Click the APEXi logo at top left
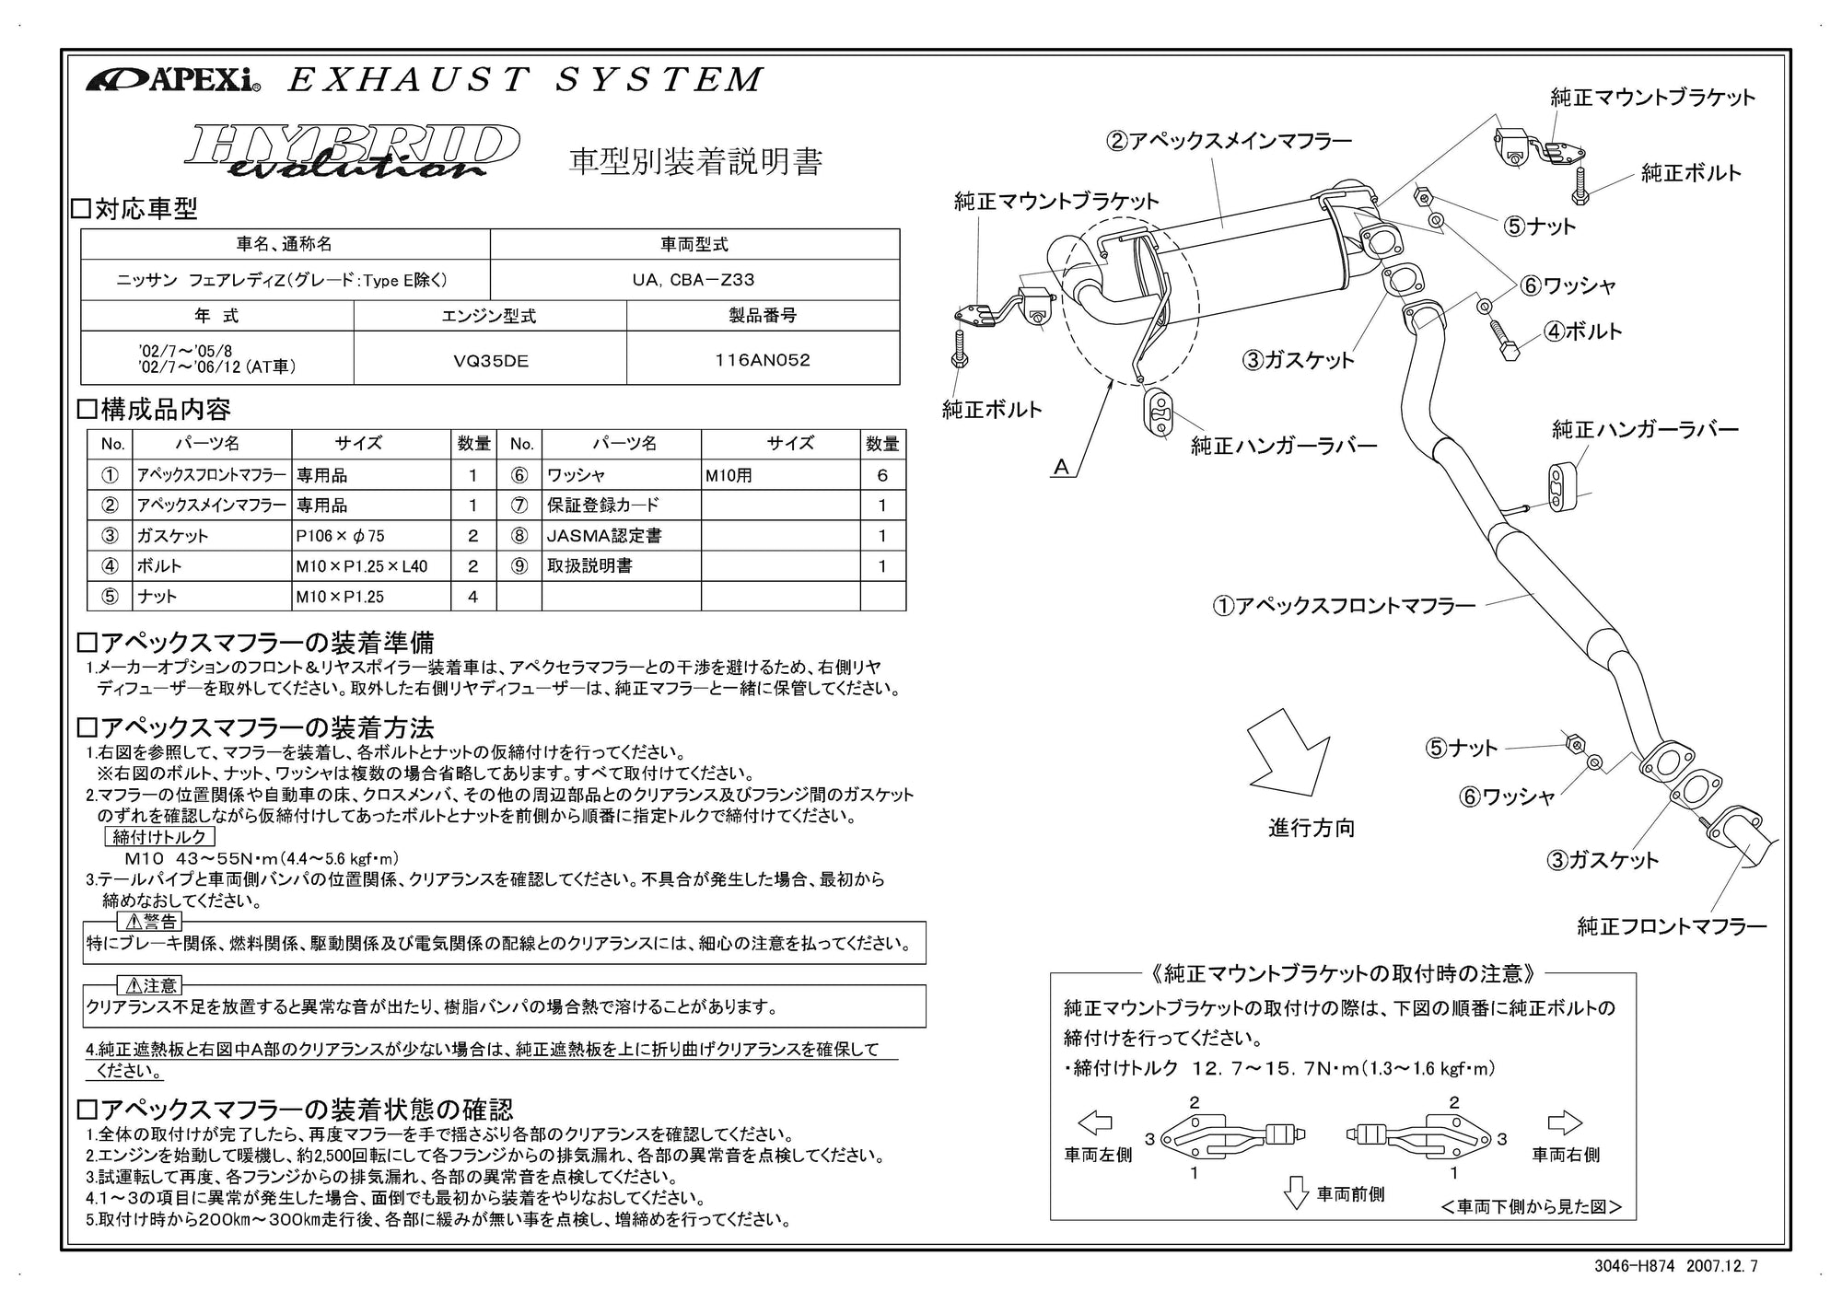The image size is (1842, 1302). [173, 81]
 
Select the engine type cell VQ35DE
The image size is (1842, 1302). [490, 361]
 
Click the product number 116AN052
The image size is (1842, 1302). [763, 360]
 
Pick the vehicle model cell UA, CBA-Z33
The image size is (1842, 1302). [694, 280]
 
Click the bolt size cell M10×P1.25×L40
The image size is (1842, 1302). [362, 566]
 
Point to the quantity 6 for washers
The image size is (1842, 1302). [882, 475]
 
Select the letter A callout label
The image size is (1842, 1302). [1061, 468]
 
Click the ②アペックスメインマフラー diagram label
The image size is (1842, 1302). [1230, 141]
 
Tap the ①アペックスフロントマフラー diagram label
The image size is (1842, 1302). [1345, 606]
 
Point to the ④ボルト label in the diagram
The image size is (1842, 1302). [1582, 331]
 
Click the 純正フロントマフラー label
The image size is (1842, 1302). [1672, 926]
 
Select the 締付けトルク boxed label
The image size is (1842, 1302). [160, 837]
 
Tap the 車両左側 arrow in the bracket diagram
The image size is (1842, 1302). [1094, 1123]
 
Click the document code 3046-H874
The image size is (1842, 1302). [1634, 1266]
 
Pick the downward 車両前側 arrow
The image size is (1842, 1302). [1296, 1192]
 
